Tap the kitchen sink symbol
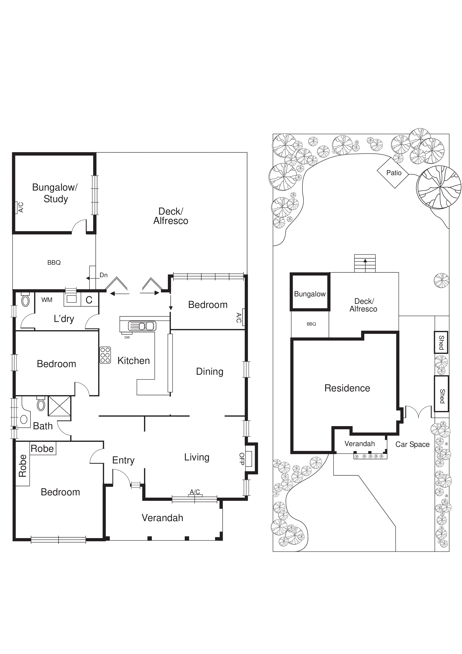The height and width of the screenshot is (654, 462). coord(142,326)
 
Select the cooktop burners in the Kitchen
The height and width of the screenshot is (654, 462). coord(105,355)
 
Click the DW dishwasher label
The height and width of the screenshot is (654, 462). coord(127,337)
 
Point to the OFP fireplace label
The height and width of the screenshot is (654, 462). coord(242,459)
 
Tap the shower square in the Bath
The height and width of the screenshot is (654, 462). coord(59,406)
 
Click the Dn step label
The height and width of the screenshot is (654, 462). coord(104,275)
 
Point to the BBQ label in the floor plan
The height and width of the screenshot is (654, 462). coord(54,262)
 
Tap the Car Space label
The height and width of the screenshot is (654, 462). coord(412,444)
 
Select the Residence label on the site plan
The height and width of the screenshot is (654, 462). coord(347,388)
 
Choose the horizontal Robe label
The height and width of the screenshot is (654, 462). coord(42,449)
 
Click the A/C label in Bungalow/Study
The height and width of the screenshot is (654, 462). coord(21,207)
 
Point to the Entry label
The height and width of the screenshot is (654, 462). coord(123,460)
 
